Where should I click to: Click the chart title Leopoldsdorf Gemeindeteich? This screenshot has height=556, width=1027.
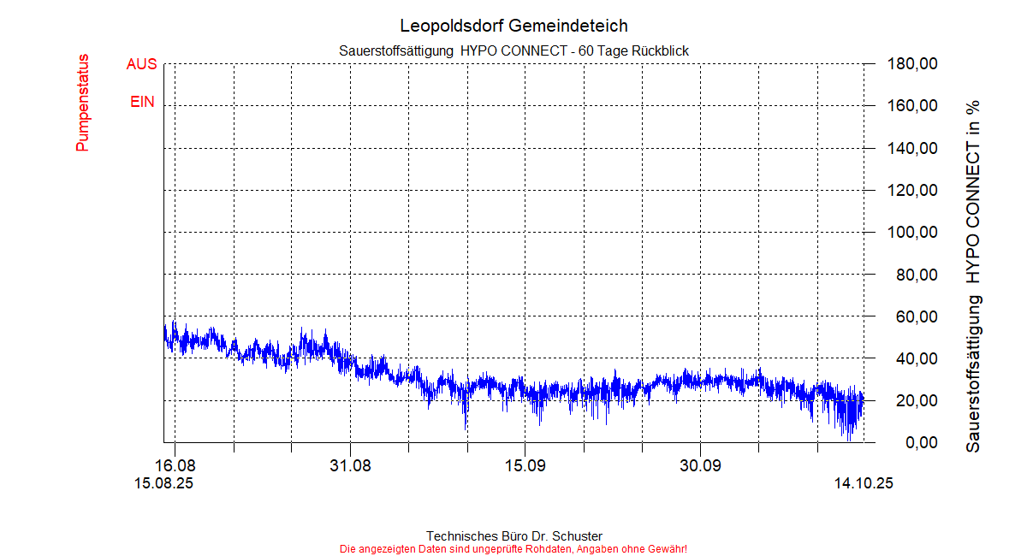(513, 26)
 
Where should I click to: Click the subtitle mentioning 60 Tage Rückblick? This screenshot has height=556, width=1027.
(513, 51)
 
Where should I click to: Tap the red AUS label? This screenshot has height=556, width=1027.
(141, 64)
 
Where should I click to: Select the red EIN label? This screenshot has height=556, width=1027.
(143, 102)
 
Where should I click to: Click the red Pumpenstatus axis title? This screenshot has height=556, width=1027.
(83, 104)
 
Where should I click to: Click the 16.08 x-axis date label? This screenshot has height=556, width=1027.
(175, 466)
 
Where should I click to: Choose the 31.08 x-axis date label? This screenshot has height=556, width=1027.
(350, 466)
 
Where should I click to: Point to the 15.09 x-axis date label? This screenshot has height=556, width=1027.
(525, 466)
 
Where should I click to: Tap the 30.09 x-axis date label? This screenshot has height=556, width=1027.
(700, 466)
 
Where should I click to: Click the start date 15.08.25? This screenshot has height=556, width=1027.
(163, 483)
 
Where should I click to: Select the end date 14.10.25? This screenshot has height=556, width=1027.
(864, 483)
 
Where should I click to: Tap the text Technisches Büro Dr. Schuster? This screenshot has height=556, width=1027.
(513, 536)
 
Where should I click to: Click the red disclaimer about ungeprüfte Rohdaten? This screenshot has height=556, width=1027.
(513, 548)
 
